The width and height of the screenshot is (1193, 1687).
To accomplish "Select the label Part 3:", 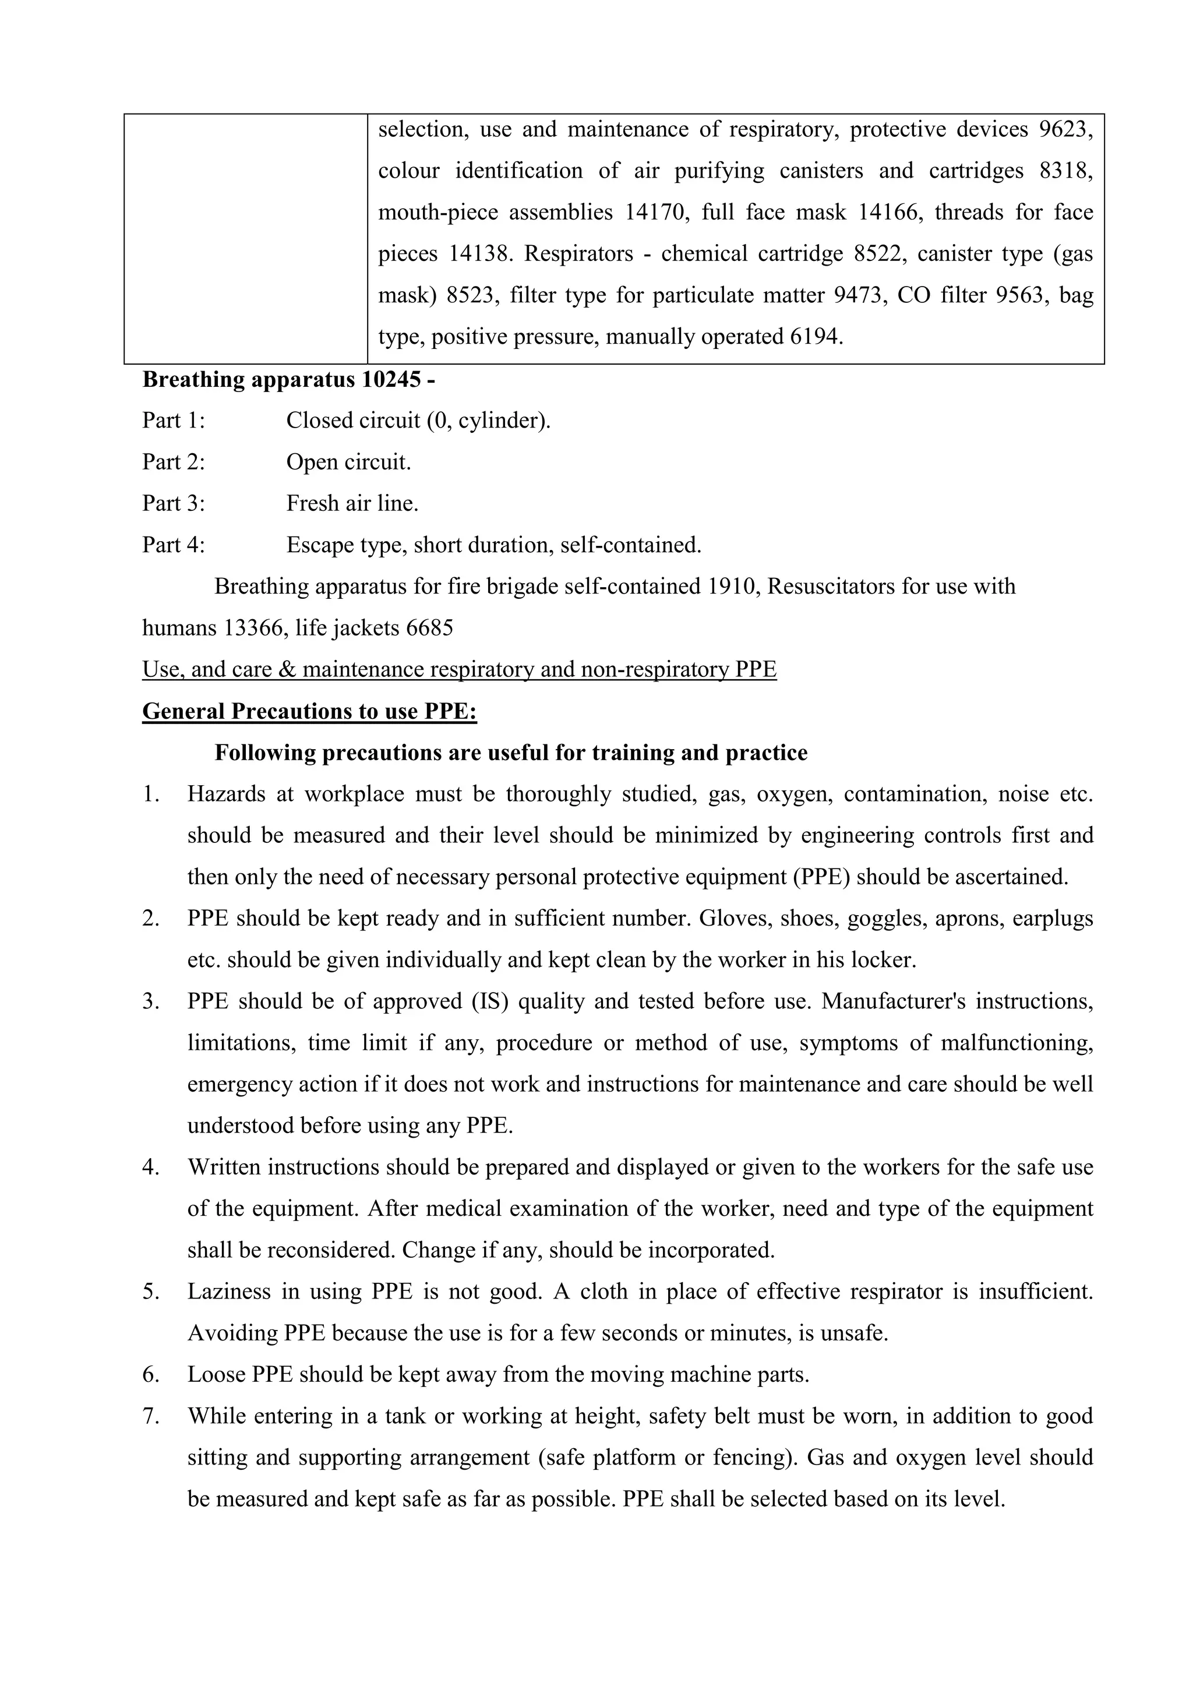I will coord(174,503).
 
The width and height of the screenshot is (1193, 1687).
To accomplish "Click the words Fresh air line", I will coord(352,503).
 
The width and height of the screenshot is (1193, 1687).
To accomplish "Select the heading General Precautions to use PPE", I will coord(309,711).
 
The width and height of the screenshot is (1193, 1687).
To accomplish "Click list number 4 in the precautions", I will coord(151,1167).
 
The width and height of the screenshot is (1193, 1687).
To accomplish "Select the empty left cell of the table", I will coord(245,239).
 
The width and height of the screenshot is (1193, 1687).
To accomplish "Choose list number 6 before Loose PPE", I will coord(151,1375).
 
